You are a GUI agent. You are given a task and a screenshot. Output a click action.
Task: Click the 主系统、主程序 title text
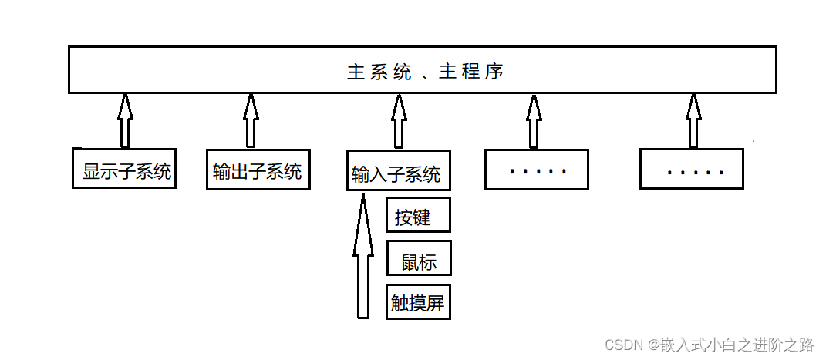click(x=426, y=72)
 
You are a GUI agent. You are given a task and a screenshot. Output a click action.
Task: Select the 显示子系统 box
click(x=124, y=168)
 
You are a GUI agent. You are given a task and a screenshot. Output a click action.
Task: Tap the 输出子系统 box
click(x=258, y=169)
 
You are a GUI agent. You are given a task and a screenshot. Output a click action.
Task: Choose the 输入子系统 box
click(x=399, y=170)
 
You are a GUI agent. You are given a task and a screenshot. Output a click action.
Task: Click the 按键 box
click(x=418, y=215)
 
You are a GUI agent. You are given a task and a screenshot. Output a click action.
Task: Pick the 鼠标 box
click(x=419, y=258)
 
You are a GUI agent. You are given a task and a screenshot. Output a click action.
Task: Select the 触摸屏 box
click(x=418, y=301)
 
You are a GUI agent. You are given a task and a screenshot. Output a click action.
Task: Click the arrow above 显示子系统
click(x=124, y=120)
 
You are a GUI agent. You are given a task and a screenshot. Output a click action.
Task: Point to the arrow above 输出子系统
click(x=251, y=120)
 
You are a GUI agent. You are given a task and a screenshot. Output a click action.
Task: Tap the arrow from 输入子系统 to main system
click(x=399, y=122)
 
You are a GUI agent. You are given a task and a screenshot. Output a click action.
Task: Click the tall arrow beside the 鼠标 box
click(x=363, y=256)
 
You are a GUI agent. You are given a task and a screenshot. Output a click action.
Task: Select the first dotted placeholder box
click(x=537, y=169)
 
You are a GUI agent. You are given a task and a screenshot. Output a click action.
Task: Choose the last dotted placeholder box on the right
click(x=692, y=168)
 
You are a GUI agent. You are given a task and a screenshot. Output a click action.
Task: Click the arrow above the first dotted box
click(x=534, y=122)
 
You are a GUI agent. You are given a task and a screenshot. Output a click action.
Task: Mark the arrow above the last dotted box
click(x=693, y=120)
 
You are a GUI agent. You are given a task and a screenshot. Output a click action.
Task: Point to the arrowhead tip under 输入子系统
click(x=363, y=193)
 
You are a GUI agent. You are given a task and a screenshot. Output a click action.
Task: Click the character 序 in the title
click(x=494, y=72)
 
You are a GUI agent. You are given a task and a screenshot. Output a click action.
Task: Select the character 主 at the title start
click(x=356, y=72)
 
